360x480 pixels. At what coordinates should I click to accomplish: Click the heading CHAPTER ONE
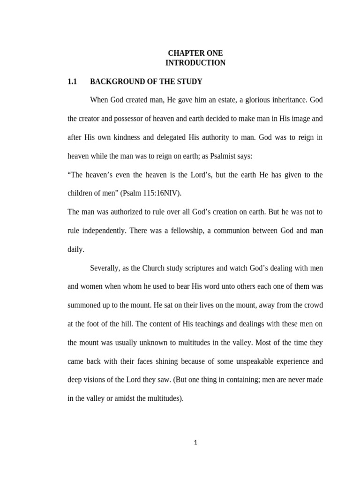point(195,53)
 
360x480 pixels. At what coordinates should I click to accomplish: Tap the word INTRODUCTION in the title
point(195,63)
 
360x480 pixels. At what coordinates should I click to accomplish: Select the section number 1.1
point(72,82)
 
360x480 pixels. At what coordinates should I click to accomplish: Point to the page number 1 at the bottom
point(195,442)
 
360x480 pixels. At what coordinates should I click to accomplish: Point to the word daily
point(76,249)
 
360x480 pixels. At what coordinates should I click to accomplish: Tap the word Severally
point(105,268)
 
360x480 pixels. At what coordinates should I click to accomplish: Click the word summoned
point(84,305)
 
